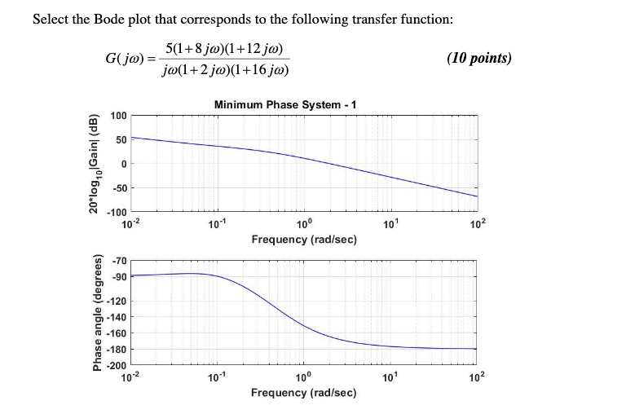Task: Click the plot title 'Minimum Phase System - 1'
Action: pyautogui.click(x=284, y=104)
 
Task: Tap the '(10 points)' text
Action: pyautogui.click(x=479, y=58)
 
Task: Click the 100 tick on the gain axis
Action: pyautogui.click(x=118, y=116)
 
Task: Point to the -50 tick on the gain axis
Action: pyautogui.click(x=118, y=188)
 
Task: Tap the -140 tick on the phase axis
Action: pyautogui.click(x=117, y=317)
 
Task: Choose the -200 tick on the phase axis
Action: pyautogui.click(x=117, y=365)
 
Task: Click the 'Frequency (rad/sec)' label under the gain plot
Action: pyautogui.click(x=303, y=240)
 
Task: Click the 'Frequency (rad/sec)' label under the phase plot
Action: pyautogui.click(x=303, y=393)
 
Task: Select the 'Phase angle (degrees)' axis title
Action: pyautogui.click(x=97, y=312)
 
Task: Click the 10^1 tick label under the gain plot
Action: pyautogui.click(x=389, y=223)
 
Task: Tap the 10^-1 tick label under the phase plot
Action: pyautogui.click(x=215, y=377)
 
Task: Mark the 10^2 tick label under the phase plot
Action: pyautogui.click(x=477, y=377)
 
